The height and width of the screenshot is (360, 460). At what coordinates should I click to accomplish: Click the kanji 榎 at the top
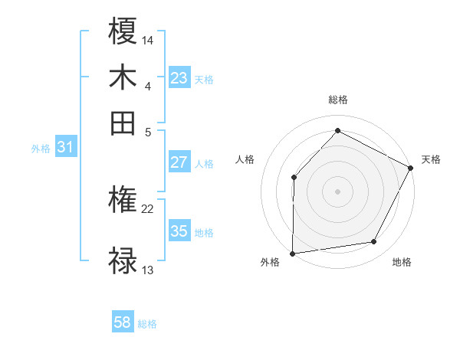[123, 32]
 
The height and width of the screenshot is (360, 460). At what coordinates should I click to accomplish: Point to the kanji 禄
[123, 260]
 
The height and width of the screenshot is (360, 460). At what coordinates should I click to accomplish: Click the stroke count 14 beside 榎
[148, 40]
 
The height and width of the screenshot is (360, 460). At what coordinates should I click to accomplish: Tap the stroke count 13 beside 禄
[148, 270]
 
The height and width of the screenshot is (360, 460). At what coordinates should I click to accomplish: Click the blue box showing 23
[179, 78]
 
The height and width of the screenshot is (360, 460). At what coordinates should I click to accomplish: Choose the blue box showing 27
[179, 162]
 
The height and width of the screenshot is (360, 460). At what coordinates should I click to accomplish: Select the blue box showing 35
[179, 231]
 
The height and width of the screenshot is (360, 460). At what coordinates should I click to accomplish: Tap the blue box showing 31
[64, 148]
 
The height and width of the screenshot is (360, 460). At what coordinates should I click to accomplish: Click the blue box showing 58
[122, 322]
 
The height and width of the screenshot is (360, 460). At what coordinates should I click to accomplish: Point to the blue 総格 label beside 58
[147, 324]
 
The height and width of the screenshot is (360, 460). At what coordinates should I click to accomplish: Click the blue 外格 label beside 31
[40, 149]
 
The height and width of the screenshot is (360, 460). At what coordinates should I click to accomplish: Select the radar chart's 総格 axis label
[337, 100]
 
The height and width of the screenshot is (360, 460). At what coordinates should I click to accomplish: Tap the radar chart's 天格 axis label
[431, 159]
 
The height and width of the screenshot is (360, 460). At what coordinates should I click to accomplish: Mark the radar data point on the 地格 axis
[374, 242]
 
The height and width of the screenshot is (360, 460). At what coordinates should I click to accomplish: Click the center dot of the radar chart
[337, 191]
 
